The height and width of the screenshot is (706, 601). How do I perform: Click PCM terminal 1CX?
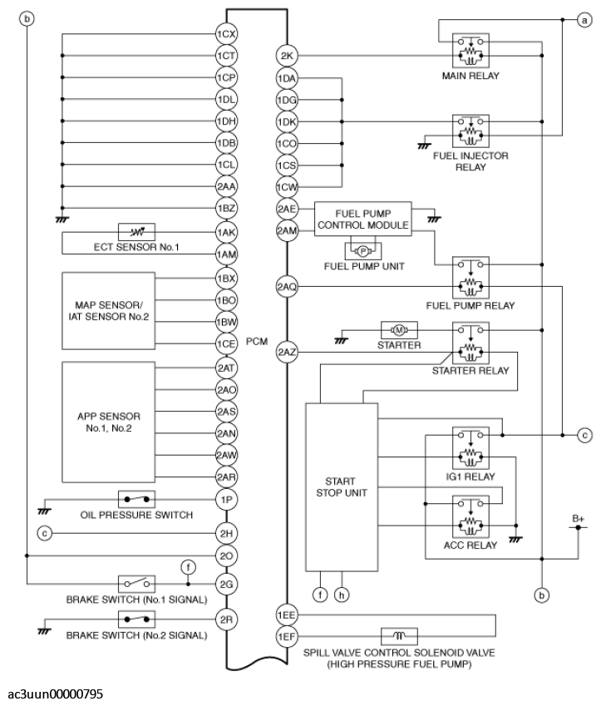[227, 35]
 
